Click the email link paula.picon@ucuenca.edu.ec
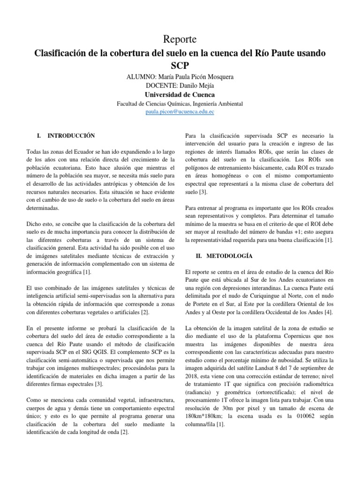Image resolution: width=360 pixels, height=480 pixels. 180,112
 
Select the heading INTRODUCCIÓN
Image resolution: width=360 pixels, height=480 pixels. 71,136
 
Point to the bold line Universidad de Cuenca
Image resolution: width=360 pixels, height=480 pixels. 180,94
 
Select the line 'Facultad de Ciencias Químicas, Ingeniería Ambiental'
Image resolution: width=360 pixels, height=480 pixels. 180,104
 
